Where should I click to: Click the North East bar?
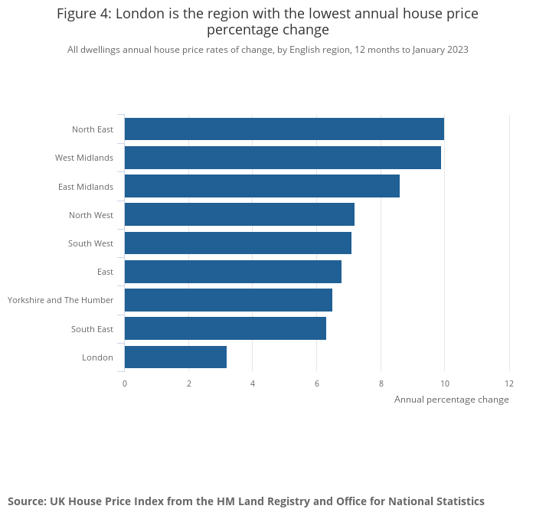coord(284,129)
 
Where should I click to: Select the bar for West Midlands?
coord(283,158)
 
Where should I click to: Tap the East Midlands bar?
coord(262,186)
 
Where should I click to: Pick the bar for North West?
coord(239,214)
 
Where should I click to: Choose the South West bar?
coord(237,243)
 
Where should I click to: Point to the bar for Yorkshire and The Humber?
coord(228,300)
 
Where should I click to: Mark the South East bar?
coord(225,328)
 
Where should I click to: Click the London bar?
coord(175,357)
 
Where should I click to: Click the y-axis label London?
coord(97,357)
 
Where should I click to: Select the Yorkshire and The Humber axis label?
coord(60,300)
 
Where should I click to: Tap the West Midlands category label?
coord(84,158)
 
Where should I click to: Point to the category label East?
coord(105,272)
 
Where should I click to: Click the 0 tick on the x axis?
coord(125,383)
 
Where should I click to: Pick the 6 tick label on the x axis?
coord(317,383)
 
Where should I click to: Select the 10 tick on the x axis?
coord(444,383)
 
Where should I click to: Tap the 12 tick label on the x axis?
coord(509,383)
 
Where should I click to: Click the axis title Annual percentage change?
coord(451,400)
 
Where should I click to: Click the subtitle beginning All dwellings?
coord(267,50)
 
